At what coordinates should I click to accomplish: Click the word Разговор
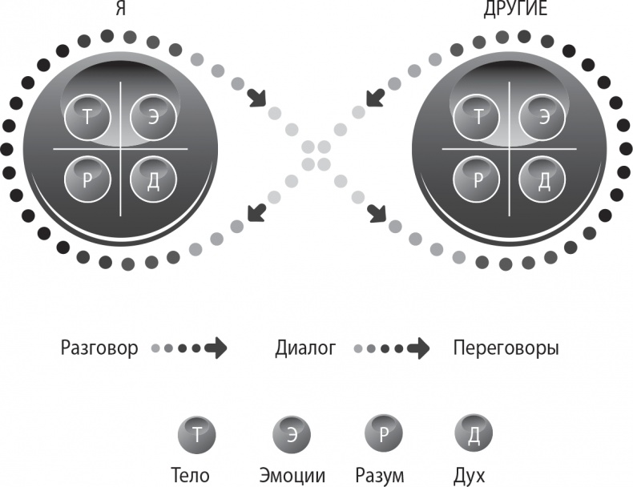pos(99,348)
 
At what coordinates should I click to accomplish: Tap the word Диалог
pos(304,348)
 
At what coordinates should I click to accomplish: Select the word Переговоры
pos(506,348)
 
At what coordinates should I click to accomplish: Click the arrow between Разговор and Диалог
pos(215,348)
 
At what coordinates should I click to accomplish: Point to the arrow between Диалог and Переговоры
pos(417,348)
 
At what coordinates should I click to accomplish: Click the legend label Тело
pos(190,474)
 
